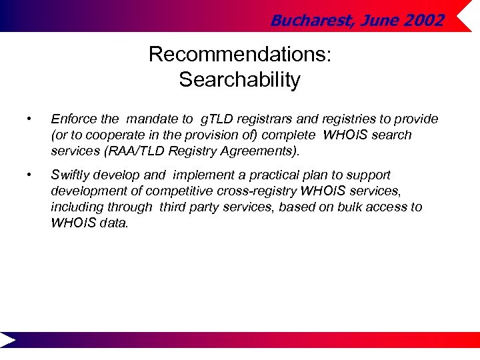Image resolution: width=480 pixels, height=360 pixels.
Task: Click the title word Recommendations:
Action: [239, 54]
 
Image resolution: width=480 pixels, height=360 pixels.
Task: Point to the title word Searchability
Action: [239, 80]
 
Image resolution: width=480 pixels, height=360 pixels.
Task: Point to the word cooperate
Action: [113, 135]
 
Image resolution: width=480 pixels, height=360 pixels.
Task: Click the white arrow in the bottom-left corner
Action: [9, 340]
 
